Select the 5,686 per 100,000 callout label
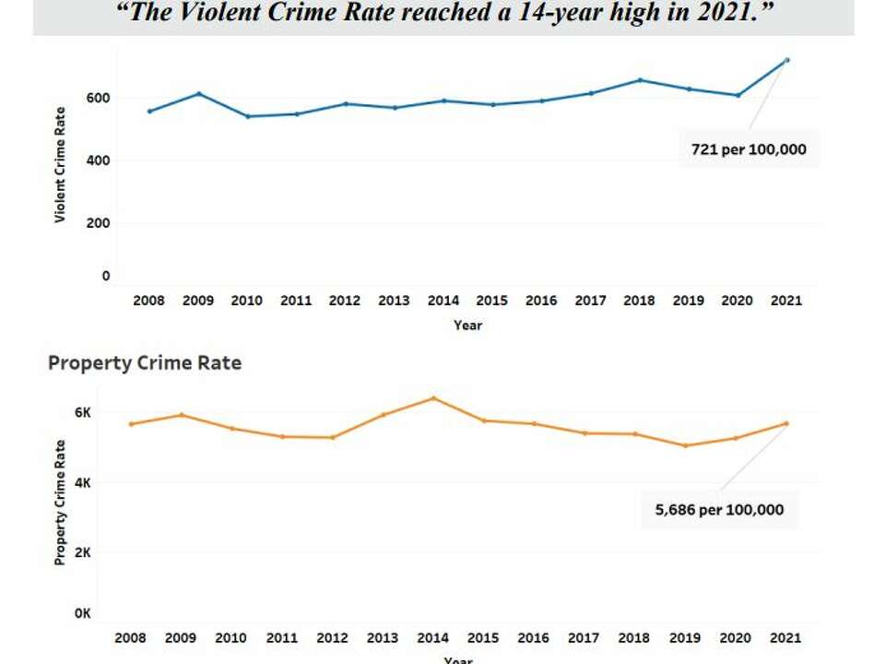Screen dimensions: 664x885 [720, 509]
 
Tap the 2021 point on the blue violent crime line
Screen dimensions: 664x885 [786, 60]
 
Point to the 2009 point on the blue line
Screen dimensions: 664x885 [198, 94]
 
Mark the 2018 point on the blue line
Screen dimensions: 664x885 [640, 80]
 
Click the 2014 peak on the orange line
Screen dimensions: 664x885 [433, 398]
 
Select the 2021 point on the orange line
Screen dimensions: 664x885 [786, 423]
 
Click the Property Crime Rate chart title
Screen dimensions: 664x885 [145, 362]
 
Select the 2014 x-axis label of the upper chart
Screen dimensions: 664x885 [443, 301]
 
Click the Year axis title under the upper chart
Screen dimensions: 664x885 [467, 326]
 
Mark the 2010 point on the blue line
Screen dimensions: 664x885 [247, 116]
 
